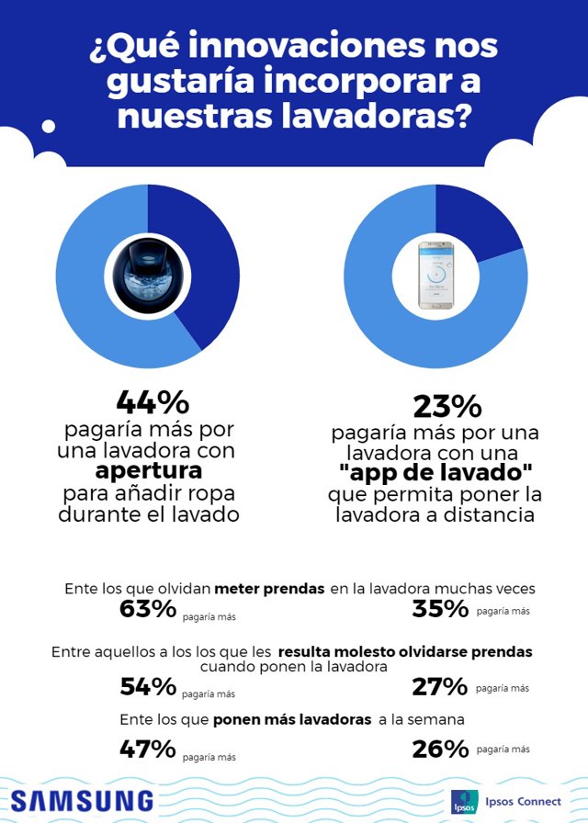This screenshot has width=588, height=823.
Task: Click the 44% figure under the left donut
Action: click(153, 402)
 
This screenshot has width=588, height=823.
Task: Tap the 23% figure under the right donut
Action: click(435, 407)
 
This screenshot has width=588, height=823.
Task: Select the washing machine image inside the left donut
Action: click(147, 275)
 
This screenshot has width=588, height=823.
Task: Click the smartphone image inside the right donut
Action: click(435, 275)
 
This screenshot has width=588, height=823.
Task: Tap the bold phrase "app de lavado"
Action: click(435, 475)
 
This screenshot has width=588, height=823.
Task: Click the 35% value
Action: click(442, 608)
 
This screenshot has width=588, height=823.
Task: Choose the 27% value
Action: click(442, 686)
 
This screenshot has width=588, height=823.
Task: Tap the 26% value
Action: click(442, 749)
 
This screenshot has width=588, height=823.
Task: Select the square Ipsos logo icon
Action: click(464, 802)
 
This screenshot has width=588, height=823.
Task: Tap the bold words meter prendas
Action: click(268, 589)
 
